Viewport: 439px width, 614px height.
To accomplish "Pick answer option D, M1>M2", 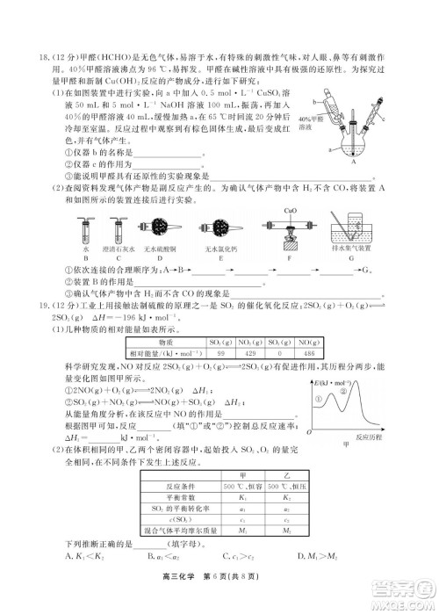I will tap(323, 556).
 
